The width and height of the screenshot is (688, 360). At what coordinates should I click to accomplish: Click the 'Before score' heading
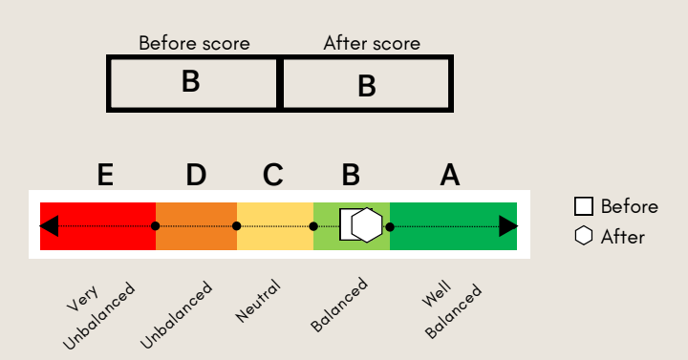coord(194,43)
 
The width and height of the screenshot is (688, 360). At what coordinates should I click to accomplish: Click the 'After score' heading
coord(372,43)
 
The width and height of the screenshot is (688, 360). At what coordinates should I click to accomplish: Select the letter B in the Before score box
coord(191,81)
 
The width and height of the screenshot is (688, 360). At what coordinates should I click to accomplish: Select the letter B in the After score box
coord(367,86)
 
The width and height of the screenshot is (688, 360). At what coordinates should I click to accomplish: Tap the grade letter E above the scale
coord(105,175)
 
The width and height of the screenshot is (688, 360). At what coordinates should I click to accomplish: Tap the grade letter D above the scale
coord(196,175)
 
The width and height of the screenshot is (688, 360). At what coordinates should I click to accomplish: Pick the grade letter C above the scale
coord(273,175)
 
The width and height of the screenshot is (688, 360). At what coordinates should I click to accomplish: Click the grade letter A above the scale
coord(450,175)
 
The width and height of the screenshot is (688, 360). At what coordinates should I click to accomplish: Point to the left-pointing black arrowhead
coord(49,226)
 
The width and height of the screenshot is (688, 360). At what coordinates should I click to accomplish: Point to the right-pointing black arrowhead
coord(508,226)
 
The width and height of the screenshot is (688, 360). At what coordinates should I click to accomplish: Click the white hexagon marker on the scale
coord(367,225)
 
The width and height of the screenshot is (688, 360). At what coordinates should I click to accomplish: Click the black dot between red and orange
coord(156,226)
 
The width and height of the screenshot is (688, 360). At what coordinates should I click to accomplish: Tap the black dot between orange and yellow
coord(237,226)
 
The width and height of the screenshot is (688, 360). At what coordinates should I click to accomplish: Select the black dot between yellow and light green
coord(313,226)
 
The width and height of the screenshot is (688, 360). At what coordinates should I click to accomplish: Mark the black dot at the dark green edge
coord(390,226)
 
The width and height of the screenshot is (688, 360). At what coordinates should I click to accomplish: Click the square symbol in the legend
coord(584,206)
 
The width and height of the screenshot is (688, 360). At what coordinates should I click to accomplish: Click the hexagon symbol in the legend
coord(584,236)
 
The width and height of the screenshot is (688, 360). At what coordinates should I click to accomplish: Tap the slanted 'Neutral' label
coord(258,301)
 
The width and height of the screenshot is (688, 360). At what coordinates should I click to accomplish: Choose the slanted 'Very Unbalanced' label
coord(98,316)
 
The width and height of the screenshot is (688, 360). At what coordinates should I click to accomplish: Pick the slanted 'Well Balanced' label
coord(451,310)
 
